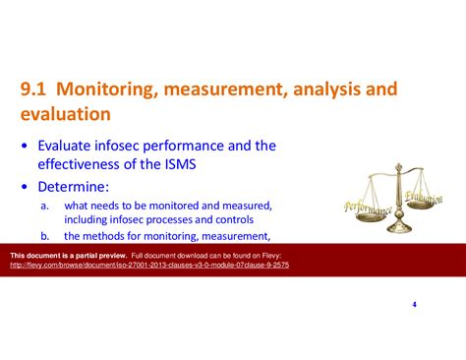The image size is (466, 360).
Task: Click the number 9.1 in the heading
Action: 36,90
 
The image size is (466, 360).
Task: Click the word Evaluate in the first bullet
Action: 68,146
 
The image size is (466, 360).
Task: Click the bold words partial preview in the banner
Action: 93,254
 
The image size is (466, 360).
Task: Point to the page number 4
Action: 414,304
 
